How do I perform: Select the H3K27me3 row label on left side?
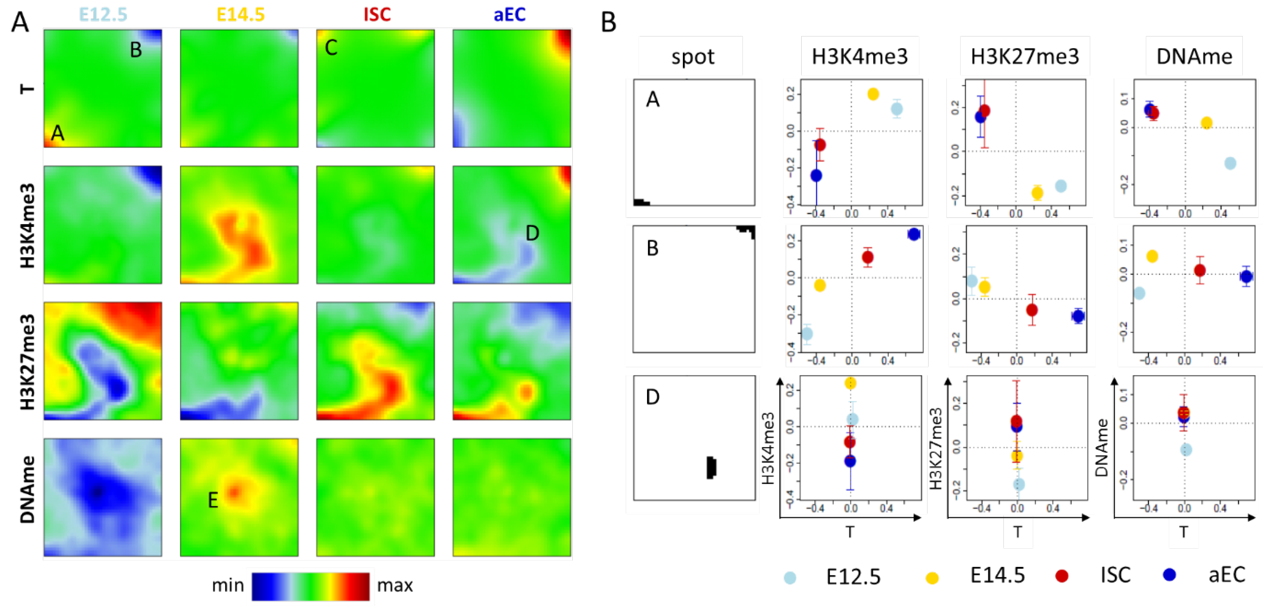[x=27, y=362]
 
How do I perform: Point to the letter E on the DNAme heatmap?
[x=213, y=500]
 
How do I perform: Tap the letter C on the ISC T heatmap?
[x=331, y=48]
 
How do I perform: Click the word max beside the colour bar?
[x=395, y=585]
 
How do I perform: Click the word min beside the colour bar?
[x=227, y=585]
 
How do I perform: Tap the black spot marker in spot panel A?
[x=641, y=202]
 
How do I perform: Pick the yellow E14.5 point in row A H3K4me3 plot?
[x=873, y=94]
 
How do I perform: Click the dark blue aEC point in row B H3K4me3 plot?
[x=913, y=234]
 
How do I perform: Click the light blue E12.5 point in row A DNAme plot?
[x=1230, y=163]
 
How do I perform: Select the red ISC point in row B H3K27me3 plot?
[x=1031, y=310]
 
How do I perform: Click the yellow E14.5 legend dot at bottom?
[x=932, y=578]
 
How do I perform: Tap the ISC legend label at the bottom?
[x=1115, y=575]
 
